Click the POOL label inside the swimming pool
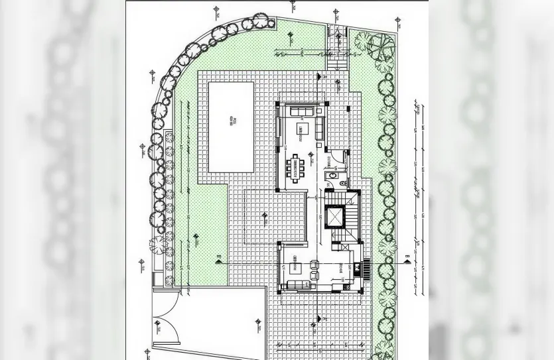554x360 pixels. [x=232, y=123]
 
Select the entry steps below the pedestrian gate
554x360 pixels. [x=336, y=61]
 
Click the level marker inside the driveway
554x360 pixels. [x=257, y=324]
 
